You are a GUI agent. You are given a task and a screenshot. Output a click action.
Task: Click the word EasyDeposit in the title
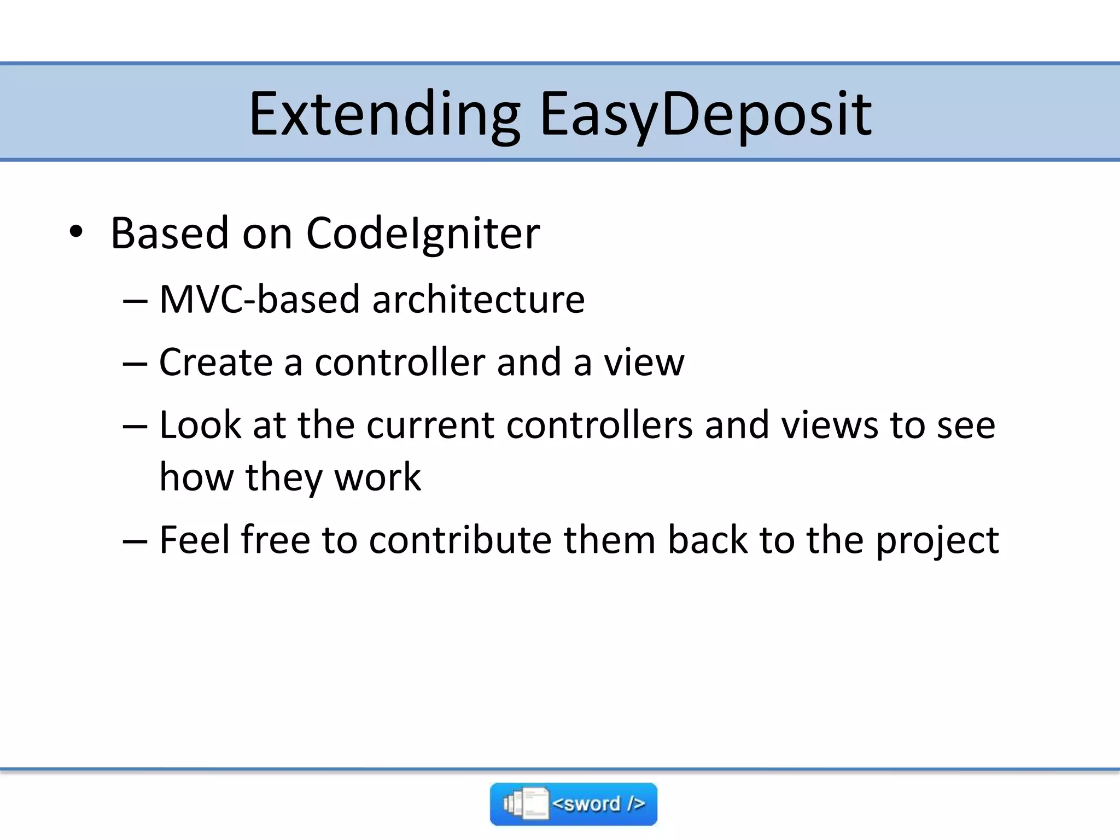click(705, 115)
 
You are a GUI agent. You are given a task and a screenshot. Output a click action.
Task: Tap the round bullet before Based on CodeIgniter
click(76, 232)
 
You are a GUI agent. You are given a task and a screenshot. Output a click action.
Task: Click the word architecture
click(479, 300)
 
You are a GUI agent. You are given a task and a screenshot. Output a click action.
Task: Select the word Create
click(216, 362)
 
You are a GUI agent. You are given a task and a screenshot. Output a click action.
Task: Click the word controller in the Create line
click(400, 362)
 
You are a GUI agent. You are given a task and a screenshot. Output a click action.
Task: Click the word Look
click(200, 425)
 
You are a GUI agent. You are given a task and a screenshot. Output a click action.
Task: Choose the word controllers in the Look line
click(599, 425)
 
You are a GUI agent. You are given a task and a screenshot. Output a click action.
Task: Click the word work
click(377, 477)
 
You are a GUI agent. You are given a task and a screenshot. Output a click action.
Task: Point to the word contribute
click(460, 540)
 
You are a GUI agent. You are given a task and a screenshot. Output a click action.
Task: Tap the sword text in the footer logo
click(599, 804)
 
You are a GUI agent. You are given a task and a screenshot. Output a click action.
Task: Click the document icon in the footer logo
click(528, 804)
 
